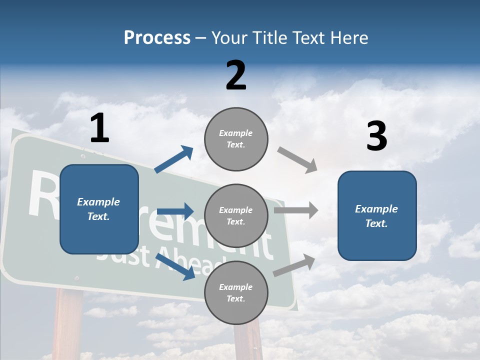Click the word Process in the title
point(157,37)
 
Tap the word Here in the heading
point(348,37)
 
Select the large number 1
point(99,128)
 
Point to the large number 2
point(236,75)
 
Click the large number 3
point(376,136)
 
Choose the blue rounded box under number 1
point(99,209)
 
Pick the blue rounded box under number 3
point(377,216)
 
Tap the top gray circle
point(236,139)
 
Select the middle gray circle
point(236,216)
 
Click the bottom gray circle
point(236,293)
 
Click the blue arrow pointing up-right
point(174,159)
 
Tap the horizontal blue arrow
point(175,211)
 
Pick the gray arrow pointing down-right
point(297,160)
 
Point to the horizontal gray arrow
point(295,210)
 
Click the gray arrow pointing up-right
point(294,265)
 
